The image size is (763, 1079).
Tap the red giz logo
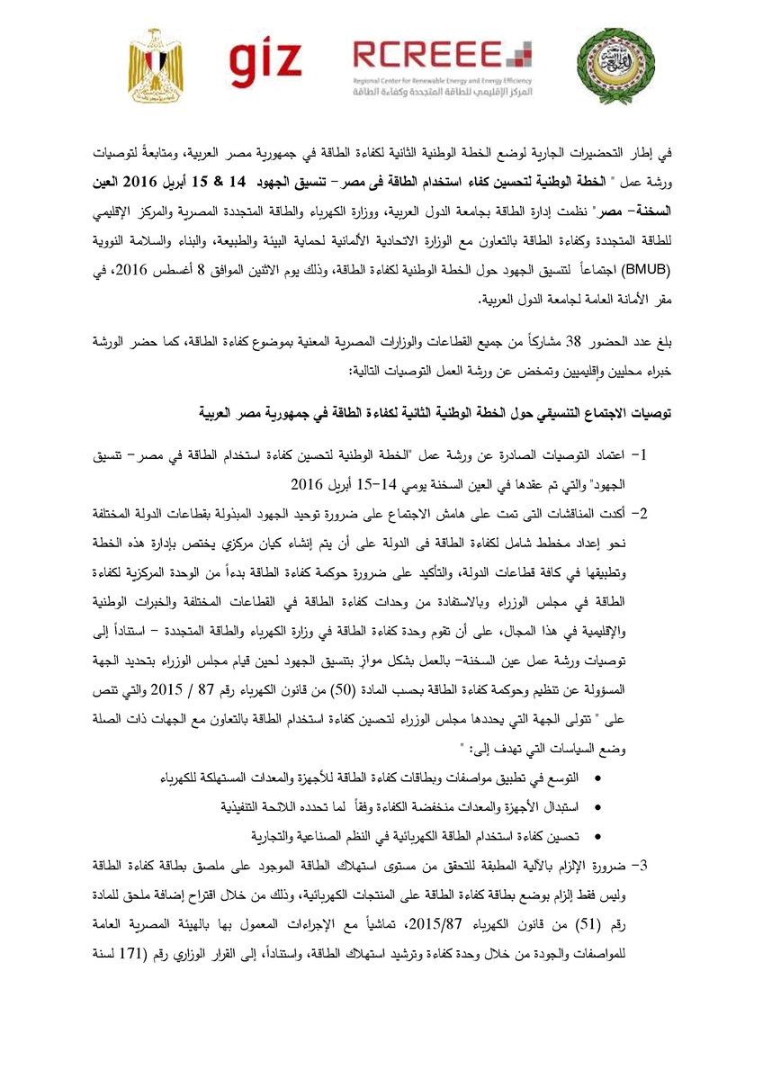coord(265,61)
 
